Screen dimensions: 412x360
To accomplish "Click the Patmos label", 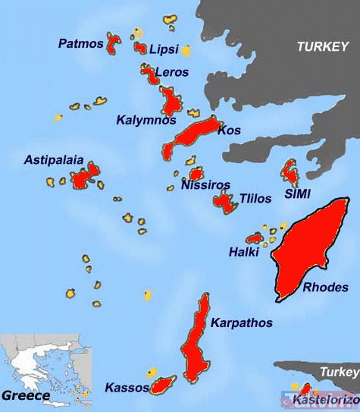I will tap(80, 43).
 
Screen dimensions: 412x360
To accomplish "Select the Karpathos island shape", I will tap(197, 341).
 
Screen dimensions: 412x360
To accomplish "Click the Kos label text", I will tap(229, 131).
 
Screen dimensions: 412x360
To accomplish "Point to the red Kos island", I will tap(193, 135).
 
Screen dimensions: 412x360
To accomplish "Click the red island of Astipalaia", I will tap(86, 175).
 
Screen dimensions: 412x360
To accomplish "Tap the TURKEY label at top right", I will tap(322, 46).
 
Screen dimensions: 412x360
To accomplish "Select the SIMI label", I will tap(298, 194).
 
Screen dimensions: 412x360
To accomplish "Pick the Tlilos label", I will tap(255, 199).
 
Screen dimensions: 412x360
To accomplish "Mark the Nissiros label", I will tap(206, 184).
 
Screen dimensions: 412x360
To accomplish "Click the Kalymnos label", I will tap(146, 120).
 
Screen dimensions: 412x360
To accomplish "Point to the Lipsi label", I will tap(164, 49).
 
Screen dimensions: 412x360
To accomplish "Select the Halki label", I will tap(243, 252).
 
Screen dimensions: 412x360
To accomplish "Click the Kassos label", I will tap(127, 388).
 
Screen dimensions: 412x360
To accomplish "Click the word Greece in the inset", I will tap(26, 395).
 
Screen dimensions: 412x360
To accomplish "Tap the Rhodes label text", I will tap(325, 288).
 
